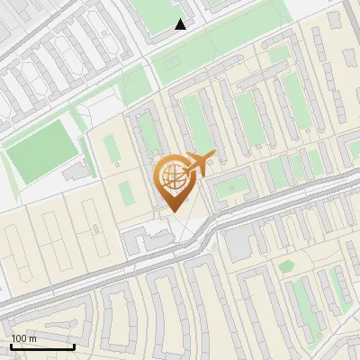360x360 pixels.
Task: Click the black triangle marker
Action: pyautogui.click(x=180, y=24)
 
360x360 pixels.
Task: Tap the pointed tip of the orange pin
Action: pyautogui.click(x=172, y=212)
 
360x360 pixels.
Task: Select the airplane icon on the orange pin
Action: pyautogui.click(x=198, y=163)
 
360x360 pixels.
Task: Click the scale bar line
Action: pyautogui.click(x=42, y=346)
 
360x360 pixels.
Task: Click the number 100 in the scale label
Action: pyautogui.click(x=19, y=338)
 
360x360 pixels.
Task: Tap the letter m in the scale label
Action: pyautogui.click(x=32, y=338)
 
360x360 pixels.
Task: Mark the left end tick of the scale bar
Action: pyautogui.click(x=11, y=346)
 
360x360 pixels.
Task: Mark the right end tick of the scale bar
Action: pyautogui.click(x=74, y=346)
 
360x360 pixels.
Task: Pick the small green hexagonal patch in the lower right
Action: pyautogui.click(x=286, y=265)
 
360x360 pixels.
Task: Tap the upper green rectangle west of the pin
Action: pyautogui.click(x=111, y=149)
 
